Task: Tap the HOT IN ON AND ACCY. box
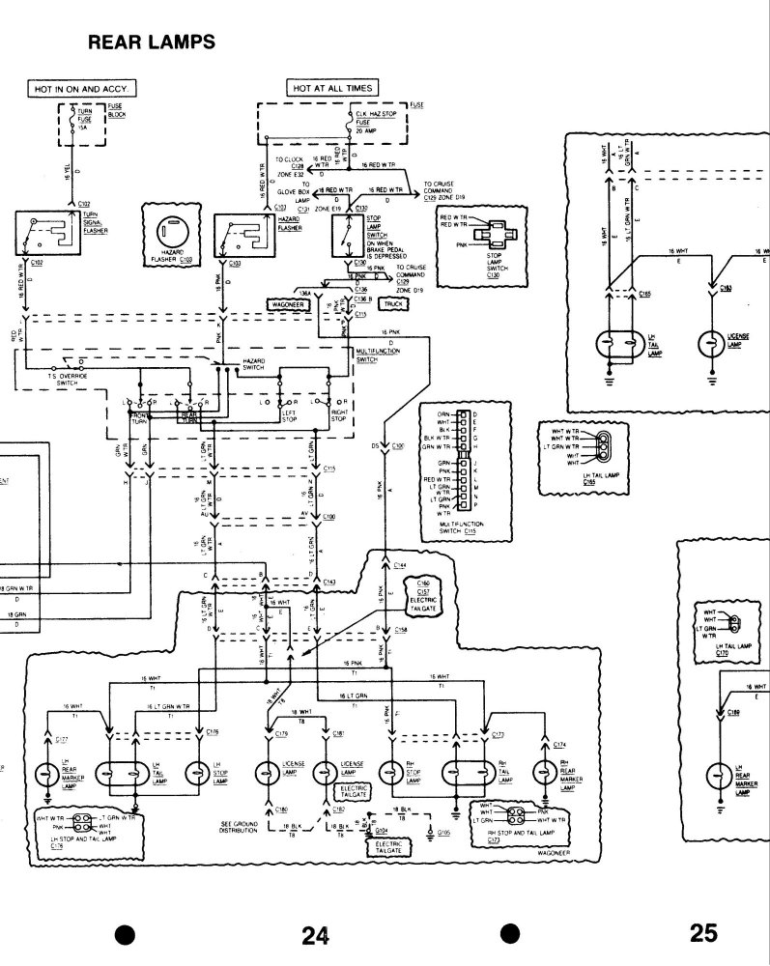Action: [81, 88]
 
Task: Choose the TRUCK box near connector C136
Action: [391, 303]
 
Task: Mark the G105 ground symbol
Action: [430, 829]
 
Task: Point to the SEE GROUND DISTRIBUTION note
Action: [236, 827]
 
